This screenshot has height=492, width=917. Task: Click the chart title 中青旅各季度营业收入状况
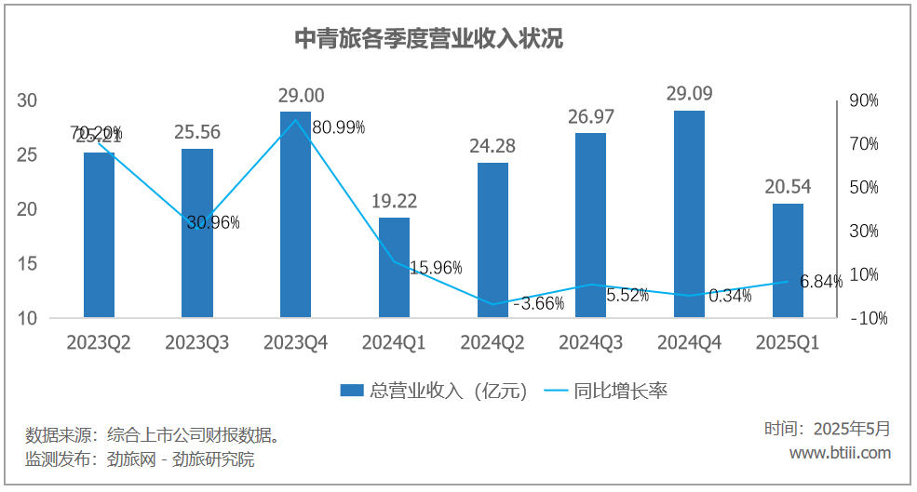(429, 39)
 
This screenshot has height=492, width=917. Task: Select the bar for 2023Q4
(296, 215)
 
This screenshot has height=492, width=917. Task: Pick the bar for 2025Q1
(788, 260)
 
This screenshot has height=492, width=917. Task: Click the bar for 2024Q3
(590, 225)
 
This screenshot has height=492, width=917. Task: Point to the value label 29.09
(689, 94)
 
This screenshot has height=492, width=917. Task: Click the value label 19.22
(394, 201)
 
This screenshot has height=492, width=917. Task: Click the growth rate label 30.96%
(212, 222)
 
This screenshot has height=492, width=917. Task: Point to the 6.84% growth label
(820, 281)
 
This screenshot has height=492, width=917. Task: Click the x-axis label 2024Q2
(492, 343)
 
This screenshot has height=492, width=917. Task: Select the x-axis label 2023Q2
(99, 343)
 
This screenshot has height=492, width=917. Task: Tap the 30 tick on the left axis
(27, 100)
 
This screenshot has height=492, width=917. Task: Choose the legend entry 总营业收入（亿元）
(434, 392)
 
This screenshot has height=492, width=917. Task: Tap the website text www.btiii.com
(840, 453)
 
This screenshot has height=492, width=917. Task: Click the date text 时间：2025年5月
(828, 429)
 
